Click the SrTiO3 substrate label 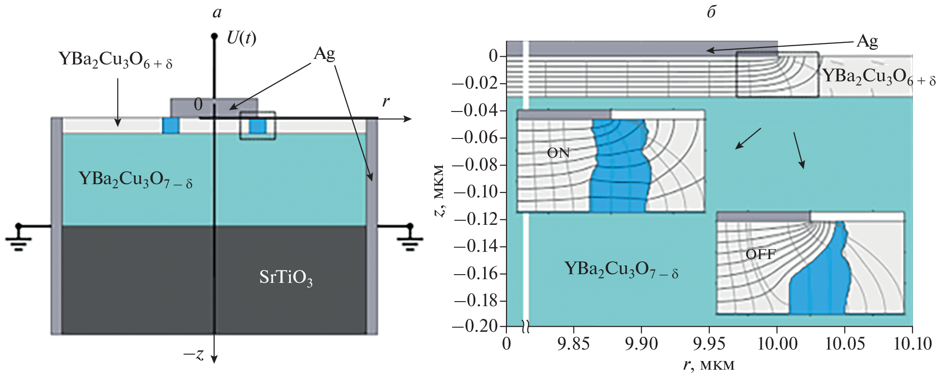(286, 277)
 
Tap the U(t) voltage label (241, 38)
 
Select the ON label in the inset (558, 153)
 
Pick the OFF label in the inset (760, 254)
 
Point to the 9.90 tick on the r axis (641, 343)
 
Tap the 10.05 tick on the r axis (844, 343)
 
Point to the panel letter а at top (217, 12)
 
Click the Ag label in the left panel (324, 54)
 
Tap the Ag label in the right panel (867, 42)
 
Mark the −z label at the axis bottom (194, 354)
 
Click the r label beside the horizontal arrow (386, 101)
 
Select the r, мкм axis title (709, 365)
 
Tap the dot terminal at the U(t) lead (214, 36)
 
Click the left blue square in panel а (171, 126)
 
